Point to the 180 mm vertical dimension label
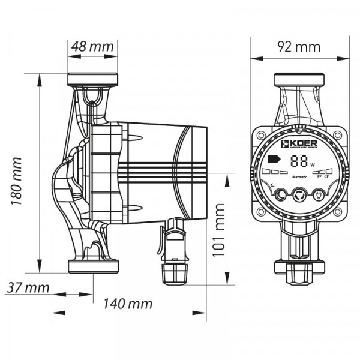[16, 179]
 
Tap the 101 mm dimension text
[219, 229]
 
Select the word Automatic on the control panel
[299, 177]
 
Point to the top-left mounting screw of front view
[260, 136]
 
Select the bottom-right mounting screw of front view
[338, 212]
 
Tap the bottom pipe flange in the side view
[93, 266]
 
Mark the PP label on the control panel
[319, 177]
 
